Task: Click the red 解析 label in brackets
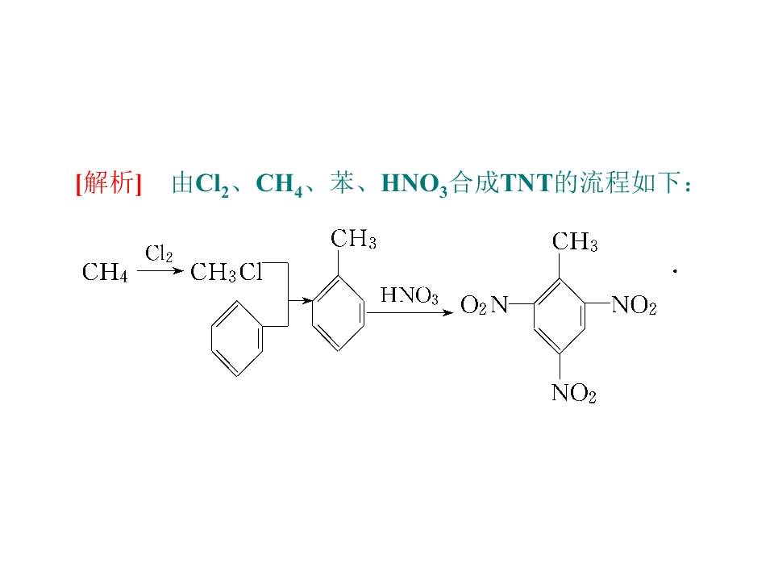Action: [x=109, y=183]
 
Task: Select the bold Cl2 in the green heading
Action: [x=212, y=184]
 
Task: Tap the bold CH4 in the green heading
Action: [x=280, y=184]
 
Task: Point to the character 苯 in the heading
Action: [x=342, y=183]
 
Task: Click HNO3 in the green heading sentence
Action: [x=414, y=184]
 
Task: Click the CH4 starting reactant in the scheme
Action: [x=105, y=272]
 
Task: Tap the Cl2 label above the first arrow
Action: [x=159, y=254]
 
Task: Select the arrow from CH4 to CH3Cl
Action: [x=160, y=271]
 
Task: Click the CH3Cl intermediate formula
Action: [x=227, y=272]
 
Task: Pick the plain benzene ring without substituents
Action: [x=237, y=339]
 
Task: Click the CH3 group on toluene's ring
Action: [x=353, y=239]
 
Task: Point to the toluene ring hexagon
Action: [x=339, y=313]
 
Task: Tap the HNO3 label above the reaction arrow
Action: [x=410, y=295]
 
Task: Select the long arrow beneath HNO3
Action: [x=410, y=313]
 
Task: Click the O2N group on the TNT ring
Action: [x=484, y=305]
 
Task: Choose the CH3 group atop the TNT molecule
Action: [x=575, y=242]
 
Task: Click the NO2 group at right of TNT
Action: [x=635, y=305]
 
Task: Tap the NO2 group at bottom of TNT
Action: [x=574, y=393]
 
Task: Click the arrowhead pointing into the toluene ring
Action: [x=307, y=300]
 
